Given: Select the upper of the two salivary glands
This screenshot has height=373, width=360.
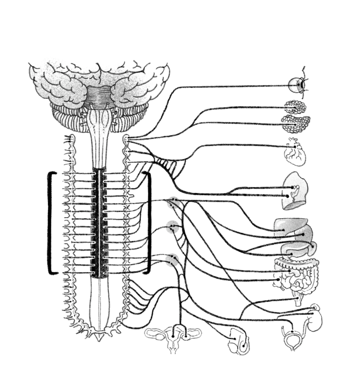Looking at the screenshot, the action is coord(296,107).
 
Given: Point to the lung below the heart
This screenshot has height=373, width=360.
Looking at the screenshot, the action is coord(295,191).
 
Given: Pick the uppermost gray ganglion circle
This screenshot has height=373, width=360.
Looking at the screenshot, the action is coord(172,203).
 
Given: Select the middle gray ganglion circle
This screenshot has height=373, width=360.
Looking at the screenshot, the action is coord(172,227).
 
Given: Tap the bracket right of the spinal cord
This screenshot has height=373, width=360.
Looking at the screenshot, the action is coord(148,223).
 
